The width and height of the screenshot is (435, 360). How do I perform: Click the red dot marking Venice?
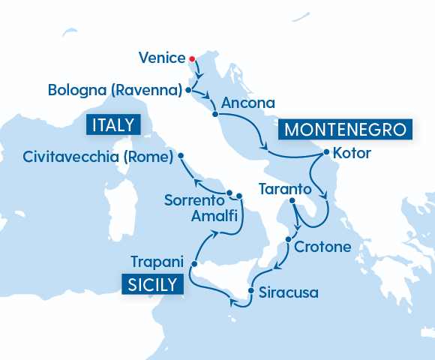192,58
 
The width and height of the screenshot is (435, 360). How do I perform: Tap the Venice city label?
162,58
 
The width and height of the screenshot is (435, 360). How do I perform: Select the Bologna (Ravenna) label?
115,91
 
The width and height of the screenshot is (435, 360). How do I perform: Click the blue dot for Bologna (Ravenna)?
188,91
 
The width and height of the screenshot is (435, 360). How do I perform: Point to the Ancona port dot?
215,114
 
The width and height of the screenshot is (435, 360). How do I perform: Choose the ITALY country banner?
114,124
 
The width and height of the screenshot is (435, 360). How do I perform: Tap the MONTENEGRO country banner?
346,129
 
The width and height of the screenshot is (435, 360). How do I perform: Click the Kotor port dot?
325,152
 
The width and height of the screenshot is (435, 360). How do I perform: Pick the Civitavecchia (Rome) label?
98,157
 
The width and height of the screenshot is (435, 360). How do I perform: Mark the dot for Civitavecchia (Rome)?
181,157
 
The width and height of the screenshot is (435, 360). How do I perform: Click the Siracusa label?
288,292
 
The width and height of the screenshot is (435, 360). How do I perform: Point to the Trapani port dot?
193,264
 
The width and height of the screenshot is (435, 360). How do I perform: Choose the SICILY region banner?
152,284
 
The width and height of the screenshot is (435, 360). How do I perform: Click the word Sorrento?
194,200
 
